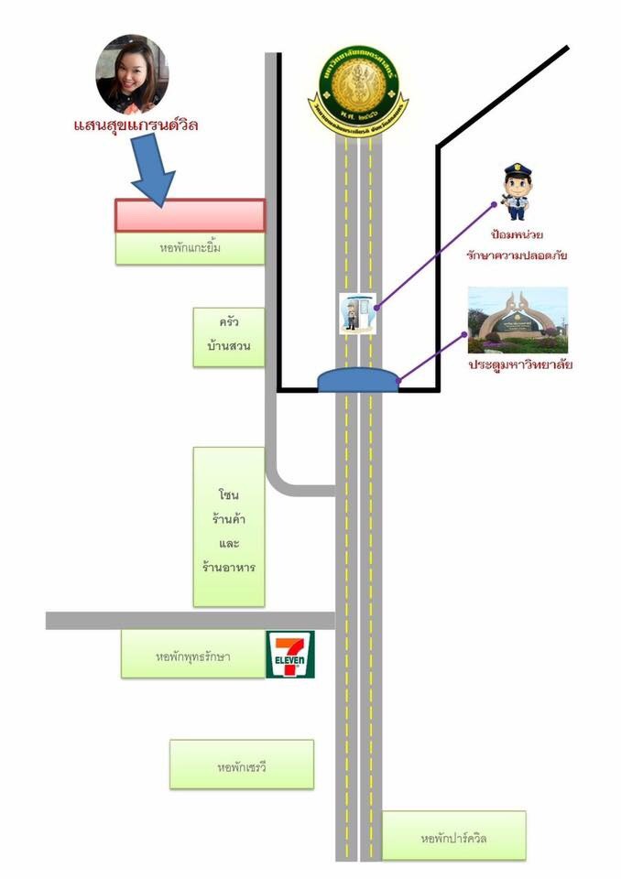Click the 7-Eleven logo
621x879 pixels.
click(x=290, y=654)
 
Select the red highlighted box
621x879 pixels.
click(x=190, y=215)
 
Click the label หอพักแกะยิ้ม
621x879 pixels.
click(x=190, y=247)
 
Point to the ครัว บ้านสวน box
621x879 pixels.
click(x=229, y=336)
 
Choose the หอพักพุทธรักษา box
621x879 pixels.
click(x=193, y=655)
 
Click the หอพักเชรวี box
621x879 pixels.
click(x=242, y=764)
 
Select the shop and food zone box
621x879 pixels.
click(x=229, y=526)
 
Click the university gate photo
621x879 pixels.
click(x=517, y=320)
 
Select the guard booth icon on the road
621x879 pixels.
click(x=357, y=311)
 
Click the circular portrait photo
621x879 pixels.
click(x=132, y=74)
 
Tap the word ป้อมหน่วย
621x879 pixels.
click(x=517, y=235)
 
